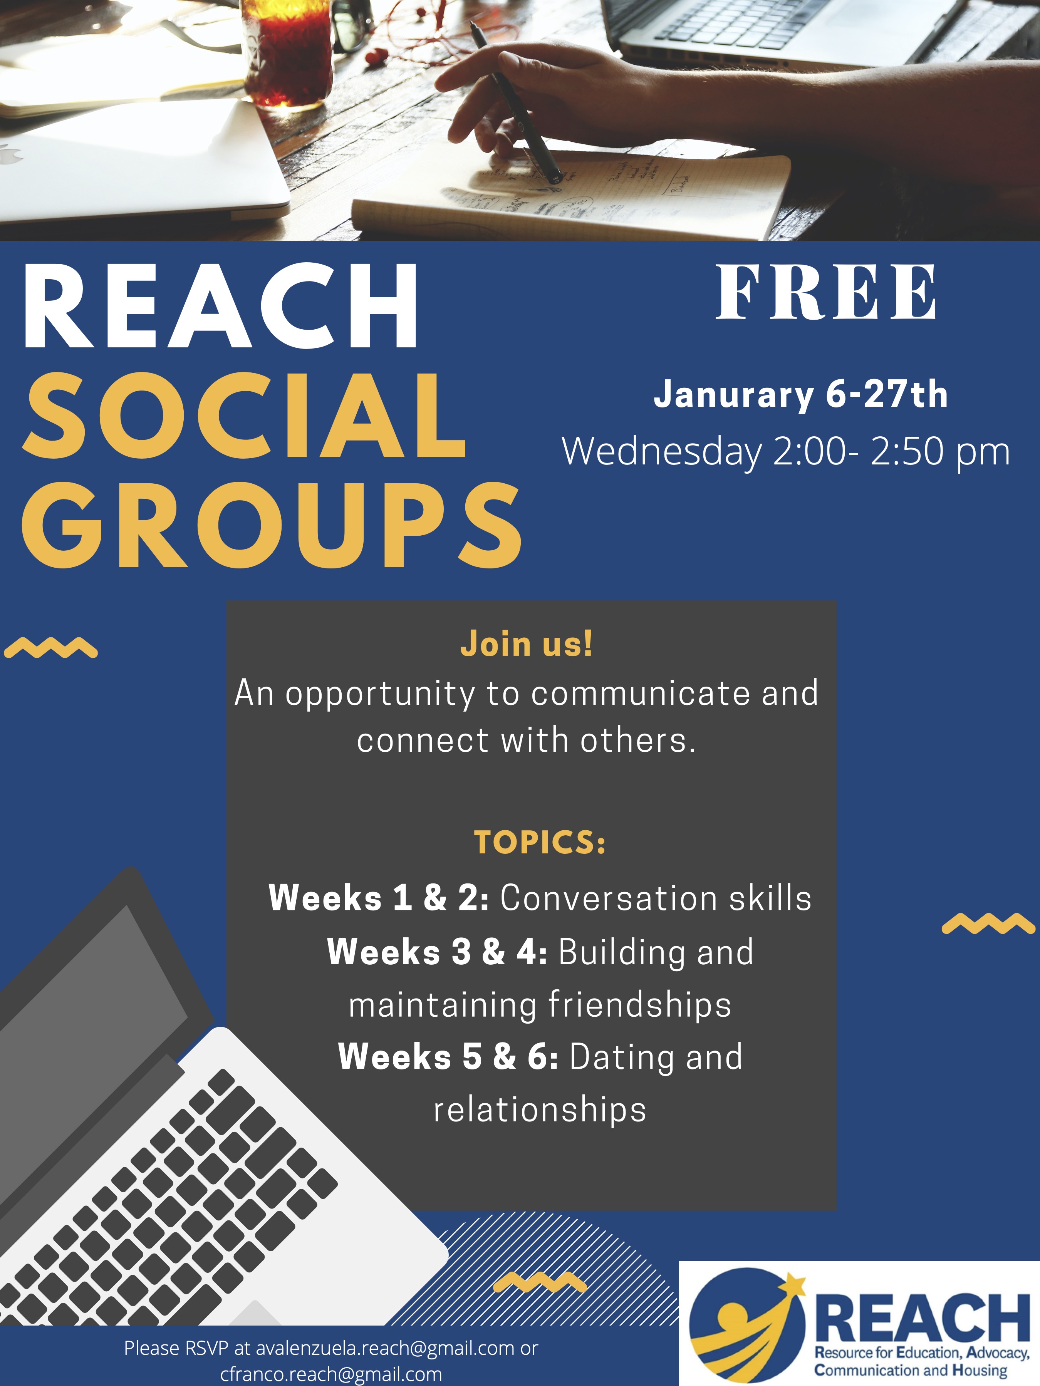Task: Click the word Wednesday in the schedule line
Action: click(x=661, y=451)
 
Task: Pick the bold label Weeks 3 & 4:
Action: click(x=437, y=952)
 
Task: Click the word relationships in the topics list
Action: click(x=540, y=1109)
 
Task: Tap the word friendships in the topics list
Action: click(x=639, y=1005)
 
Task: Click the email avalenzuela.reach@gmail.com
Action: click(x=385, y=1348)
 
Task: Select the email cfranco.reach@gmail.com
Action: click(x=331, y=1374)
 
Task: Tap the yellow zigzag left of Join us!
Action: click(x=50, y=647)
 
